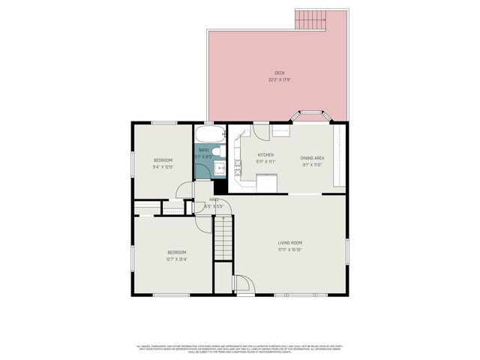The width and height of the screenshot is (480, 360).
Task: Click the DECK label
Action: pos(279,73)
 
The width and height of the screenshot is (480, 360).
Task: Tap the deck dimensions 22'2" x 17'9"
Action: pos(279,79)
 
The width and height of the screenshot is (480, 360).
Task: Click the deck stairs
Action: pos(310,19)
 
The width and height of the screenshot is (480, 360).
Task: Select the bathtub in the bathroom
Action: pos(209,135)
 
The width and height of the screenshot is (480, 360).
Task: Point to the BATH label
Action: pos(204,149)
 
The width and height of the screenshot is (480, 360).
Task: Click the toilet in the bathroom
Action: pos(215,152)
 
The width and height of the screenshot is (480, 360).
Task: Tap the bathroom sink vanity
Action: pos(220,168)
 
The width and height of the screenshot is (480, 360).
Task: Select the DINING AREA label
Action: pos(312,157)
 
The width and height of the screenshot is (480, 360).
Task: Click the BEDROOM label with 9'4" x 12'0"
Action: pos(163,160)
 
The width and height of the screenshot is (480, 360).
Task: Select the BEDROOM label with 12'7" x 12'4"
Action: pos(176,252)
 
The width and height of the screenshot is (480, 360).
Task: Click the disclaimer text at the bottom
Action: pos(239,349)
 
